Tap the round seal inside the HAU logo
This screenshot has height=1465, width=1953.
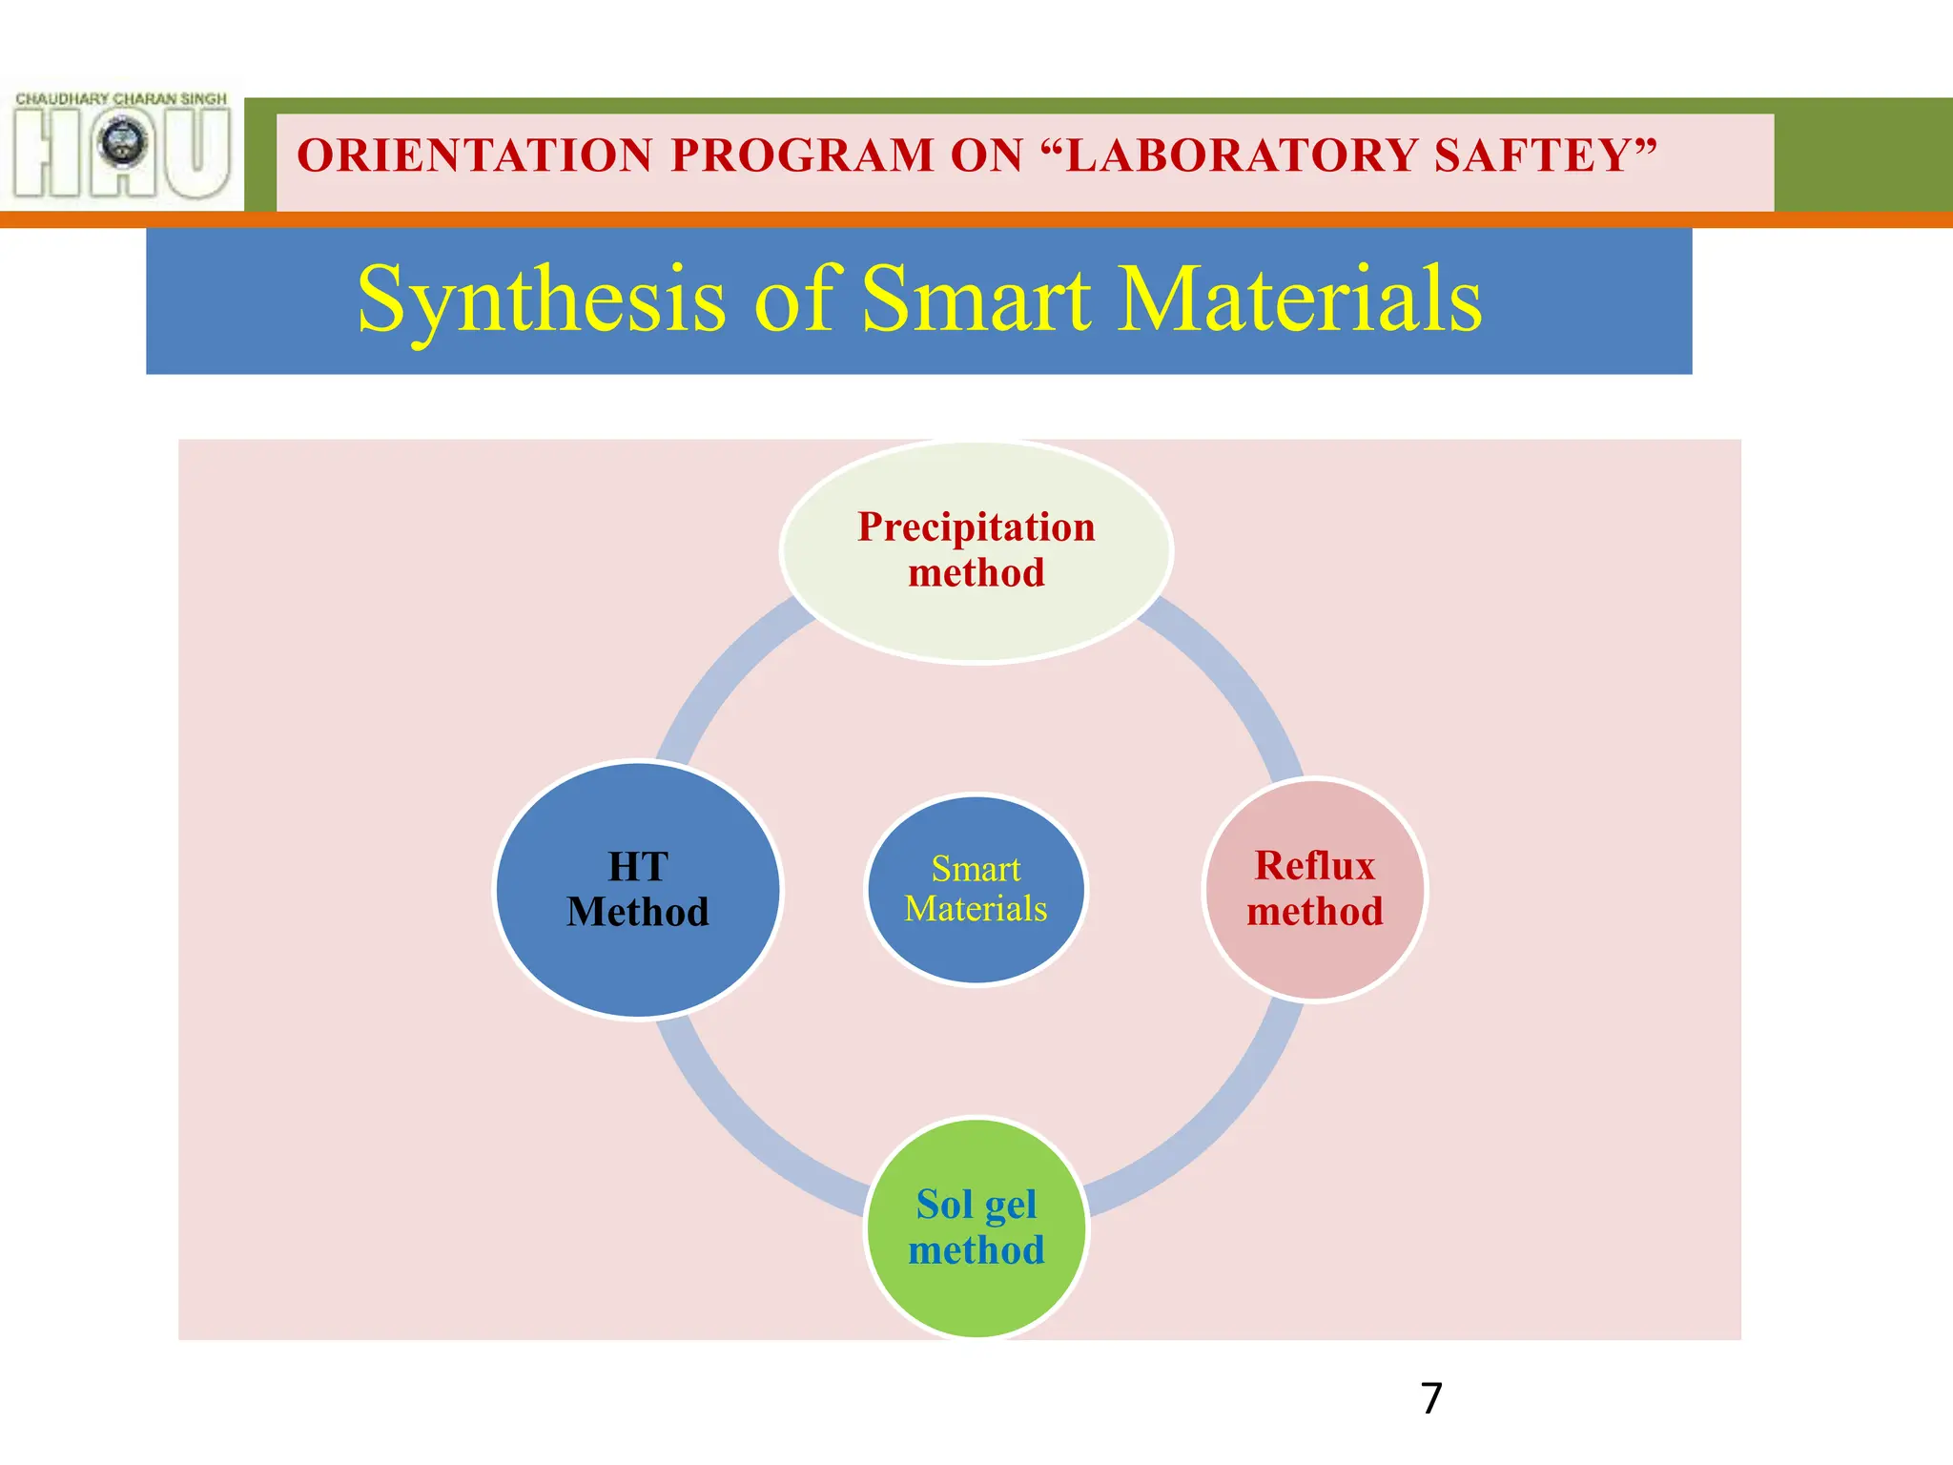pyautogui.click(x=123, y=142)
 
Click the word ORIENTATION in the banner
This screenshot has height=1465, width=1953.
pyautogui.click(x=475, y=155)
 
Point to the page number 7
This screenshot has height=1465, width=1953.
pyautogui.click(x=1430, y=1399)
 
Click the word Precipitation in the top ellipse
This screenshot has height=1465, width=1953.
pyautogui.click(x=976, y=527)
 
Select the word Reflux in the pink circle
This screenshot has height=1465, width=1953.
pyautogui.click(x=1315, y=866)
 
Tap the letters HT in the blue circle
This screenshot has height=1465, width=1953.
pyautogui.click(x=638, y=867)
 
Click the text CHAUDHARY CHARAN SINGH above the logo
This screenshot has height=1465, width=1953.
pyautogui.click(x=121, y=98)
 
